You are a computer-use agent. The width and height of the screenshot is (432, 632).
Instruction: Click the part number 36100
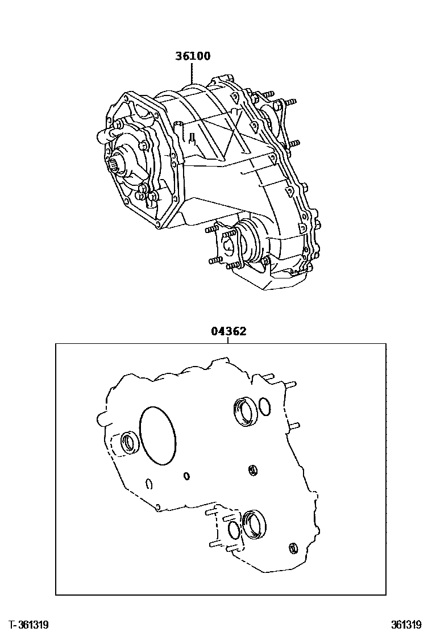[193, 56]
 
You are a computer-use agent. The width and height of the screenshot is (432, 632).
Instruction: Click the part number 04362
[229, 331]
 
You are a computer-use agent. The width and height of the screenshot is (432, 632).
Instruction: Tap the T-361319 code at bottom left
[28, 625]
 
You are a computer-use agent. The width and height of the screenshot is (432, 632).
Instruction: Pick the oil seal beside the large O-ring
[130, 443]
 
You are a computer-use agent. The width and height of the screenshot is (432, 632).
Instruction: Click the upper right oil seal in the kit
[246, 411]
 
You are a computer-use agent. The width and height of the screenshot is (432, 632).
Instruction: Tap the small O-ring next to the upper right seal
[265, 407]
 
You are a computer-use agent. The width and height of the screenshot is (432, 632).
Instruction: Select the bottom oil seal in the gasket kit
[254, 523]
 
